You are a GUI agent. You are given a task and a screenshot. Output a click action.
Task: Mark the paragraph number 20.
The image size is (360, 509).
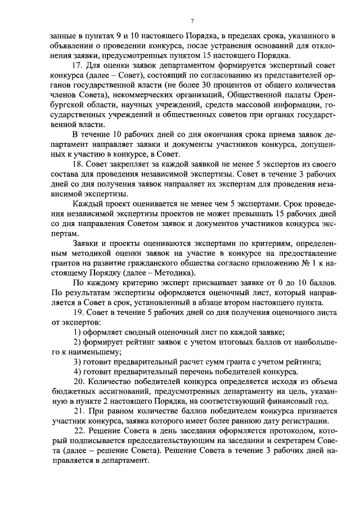pos(78,383)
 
